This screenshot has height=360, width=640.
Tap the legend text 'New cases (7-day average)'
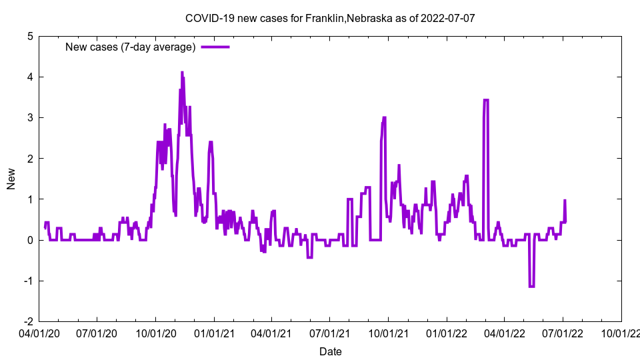130,47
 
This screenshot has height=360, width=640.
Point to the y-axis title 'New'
11,179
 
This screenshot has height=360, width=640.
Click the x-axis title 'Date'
331,351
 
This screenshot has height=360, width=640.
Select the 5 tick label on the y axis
30,37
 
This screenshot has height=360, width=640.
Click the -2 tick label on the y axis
28,321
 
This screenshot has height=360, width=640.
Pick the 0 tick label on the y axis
30,240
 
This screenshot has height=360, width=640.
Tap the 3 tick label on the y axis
30,118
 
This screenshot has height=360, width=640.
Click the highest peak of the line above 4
182,73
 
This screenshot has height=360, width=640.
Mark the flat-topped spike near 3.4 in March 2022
486,100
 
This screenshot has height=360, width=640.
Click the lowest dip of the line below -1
531,287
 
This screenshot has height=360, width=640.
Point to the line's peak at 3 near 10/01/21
384,118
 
